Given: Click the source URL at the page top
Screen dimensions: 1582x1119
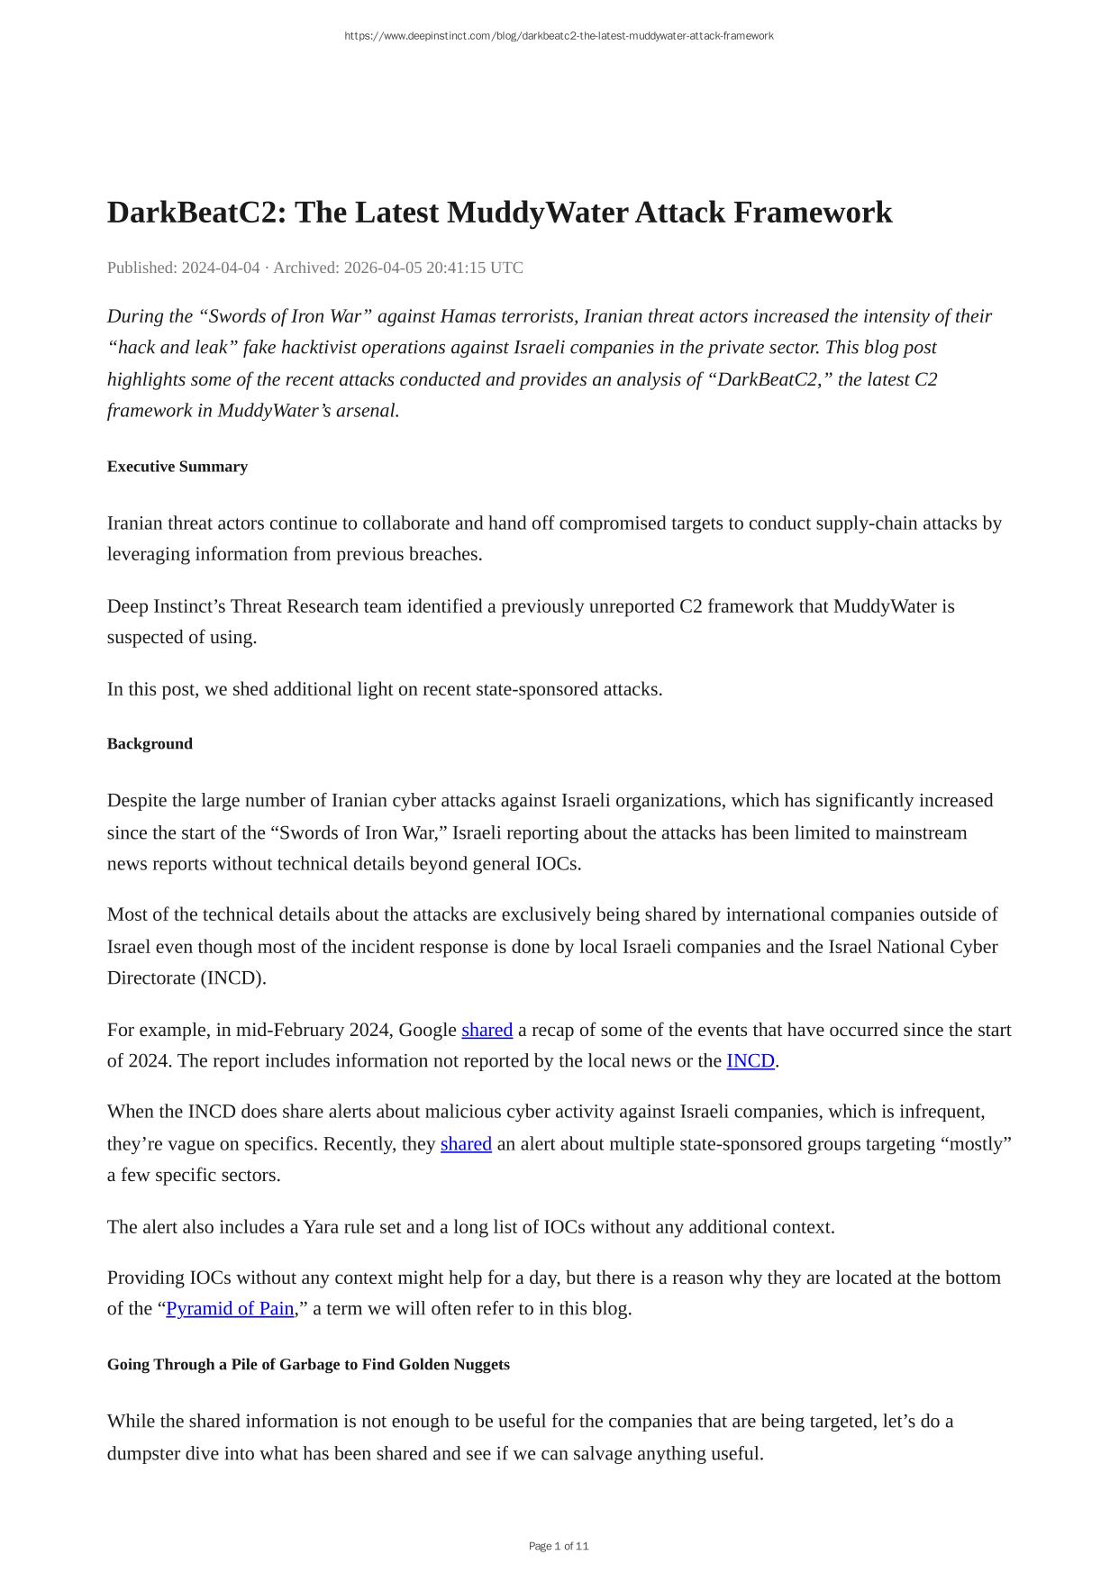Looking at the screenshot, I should pyautogui.click(x=559, y=36).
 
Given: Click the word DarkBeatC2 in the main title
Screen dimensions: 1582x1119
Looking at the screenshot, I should pyautogui.click(x=196, y=213).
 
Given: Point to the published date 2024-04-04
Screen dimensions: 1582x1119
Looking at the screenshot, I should pyautogui.click(x=221, y=268).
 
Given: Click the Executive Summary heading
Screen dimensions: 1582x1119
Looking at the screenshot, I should pyautogui.click(x=177, y=467).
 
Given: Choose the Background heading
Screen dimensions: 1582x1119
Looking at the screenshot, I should pyautogui.click(x=150, y=744).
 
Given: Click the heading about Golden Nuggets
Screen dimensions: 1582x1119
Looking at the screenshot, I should pyautogui.click(x=308, y=1365).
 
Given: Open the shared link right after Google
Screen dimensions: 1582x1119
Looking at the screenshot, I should pyautogui.click(x=487, y=1030).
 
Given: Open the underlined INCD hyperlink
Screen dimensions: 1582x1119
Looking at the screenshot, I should pyautogui.click(x=751, y=1061).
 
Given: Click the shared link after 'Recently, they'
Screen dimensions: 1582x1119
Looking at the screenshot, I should pyautogui.click(x=466, y=1144).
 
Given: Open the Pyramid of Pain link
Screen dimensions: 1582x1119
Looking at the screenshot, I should pyautogui.click(x=230, y=1309).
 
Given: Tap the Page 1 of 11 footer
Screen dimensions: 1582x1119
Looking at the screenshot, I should pyautogui.click(x=559, y=1546).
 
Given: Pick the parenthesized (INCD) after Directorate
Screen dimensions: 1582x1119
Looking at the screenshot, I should pyautogui.click(x=233, y=978).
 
